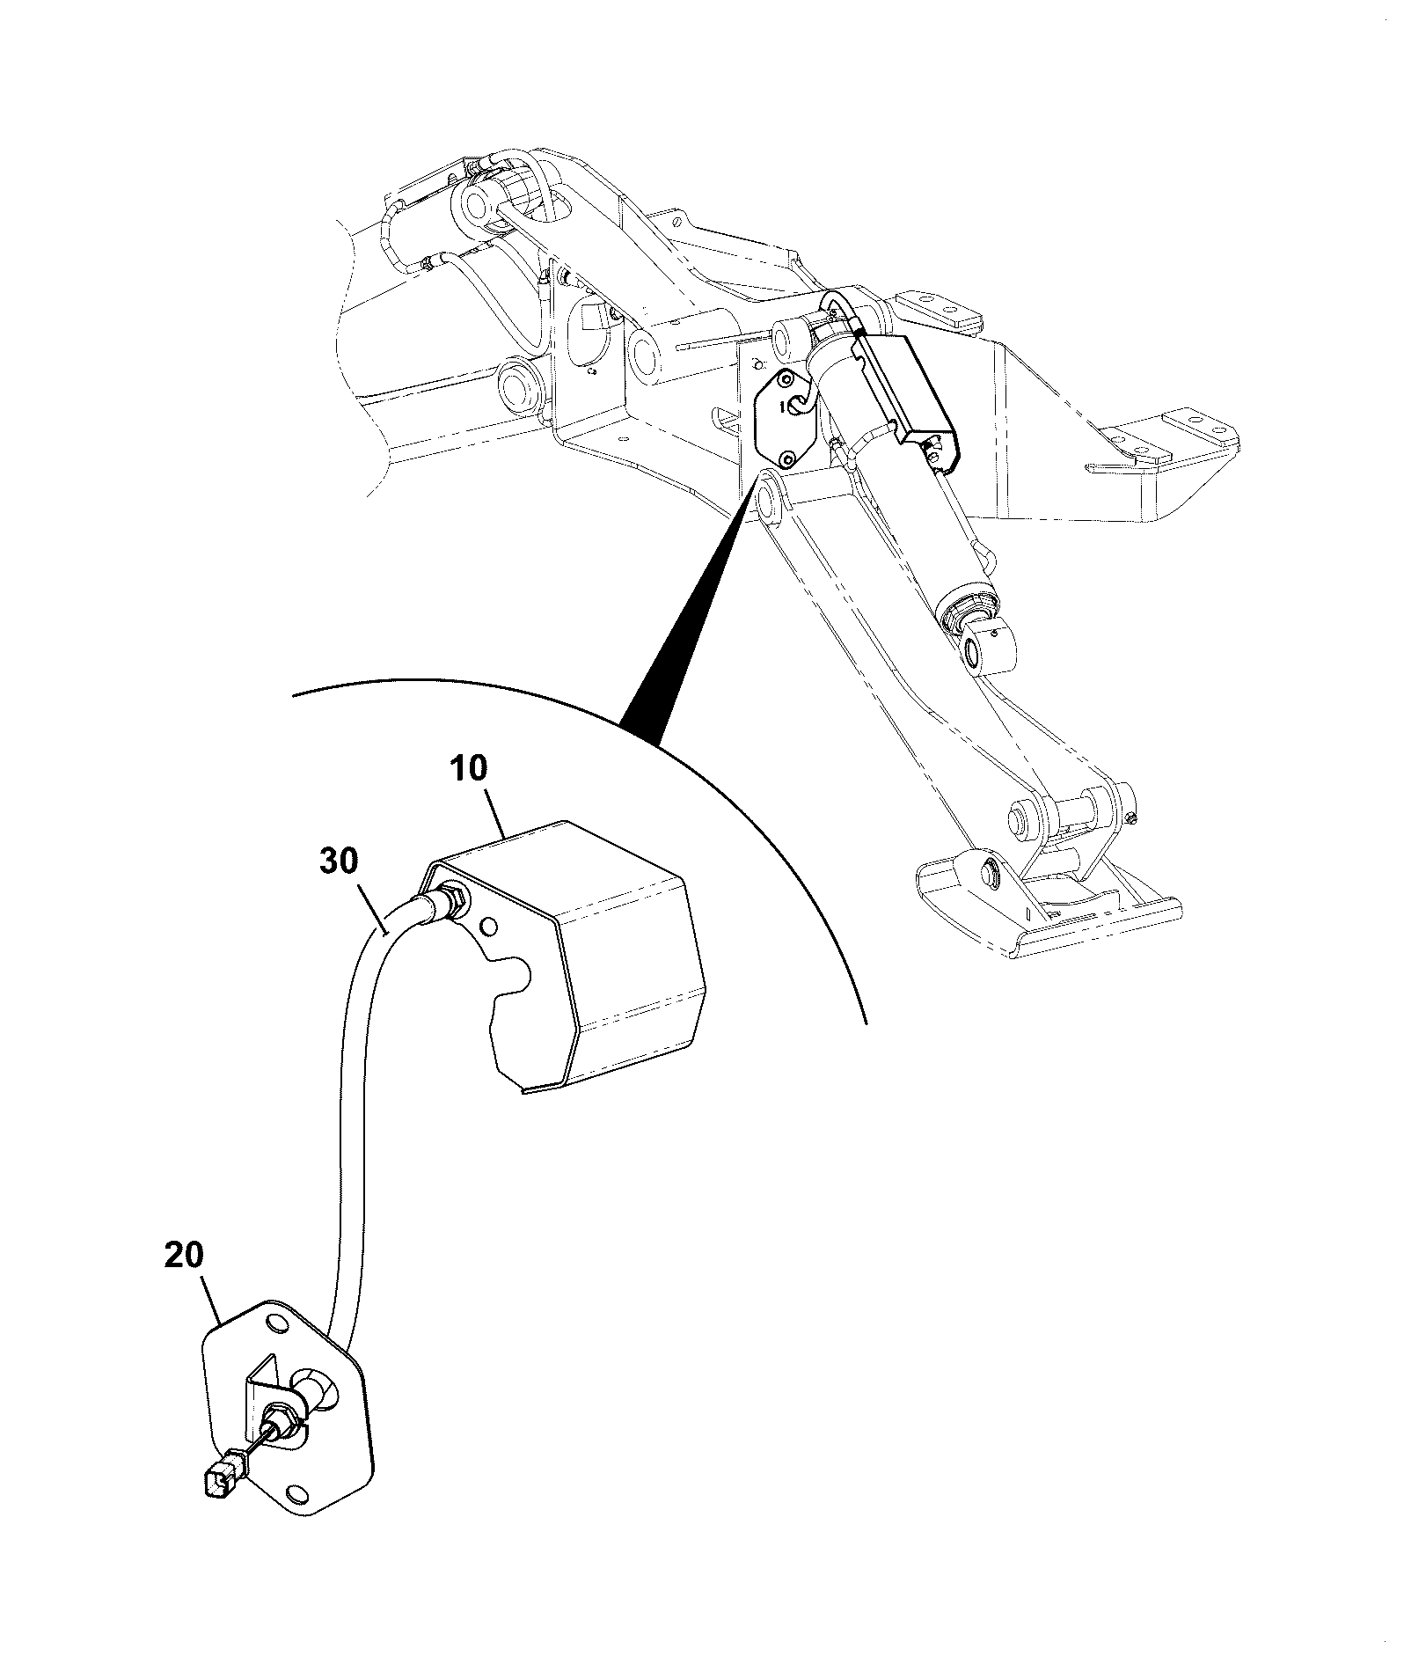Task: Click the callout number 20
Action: click(185, 1255)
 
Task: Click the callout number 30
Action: click(339, 862)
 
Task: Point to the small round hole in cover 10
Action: click(489, 926)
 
